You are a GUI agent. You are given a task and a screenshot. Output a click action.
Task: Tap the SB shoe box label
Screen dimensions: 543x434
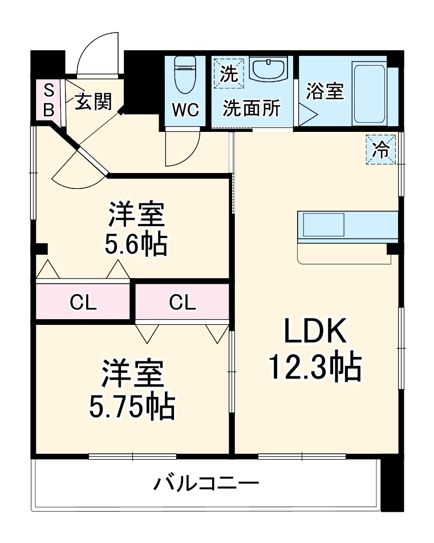coord(49,99)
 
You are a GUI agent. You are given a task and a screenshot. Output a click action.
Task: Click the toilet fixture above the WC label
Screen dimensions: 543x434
coord(185,75)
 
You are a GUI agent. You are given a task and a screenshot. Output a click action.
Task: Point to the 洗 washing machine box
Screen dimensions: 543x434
coord(228,74)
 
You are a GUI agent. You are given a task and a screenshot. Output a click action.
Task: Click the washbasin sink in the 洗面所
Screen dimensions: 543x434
coord(268,70)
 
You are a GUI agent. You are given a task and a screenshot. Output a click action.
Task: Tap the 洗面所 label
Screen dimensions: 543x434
coord(251,108)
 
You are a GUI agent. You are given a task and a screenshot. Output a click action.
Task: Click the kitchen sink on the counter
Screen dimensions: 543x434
coord(323,224)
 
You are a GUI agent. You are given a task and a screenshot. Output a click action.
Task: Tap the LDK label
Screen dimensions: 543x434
coord(315,333)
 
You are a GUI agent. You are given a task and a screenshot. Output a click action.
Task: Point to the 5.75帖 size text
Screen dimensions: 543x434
coord(132,406)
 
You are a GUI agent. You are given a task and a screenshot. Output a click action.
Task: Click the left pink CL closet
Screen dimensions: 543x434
coord(83,302)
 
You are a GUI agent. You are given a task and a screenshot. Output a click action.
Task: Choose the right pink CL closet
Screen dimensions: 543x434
coord(182,302)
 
